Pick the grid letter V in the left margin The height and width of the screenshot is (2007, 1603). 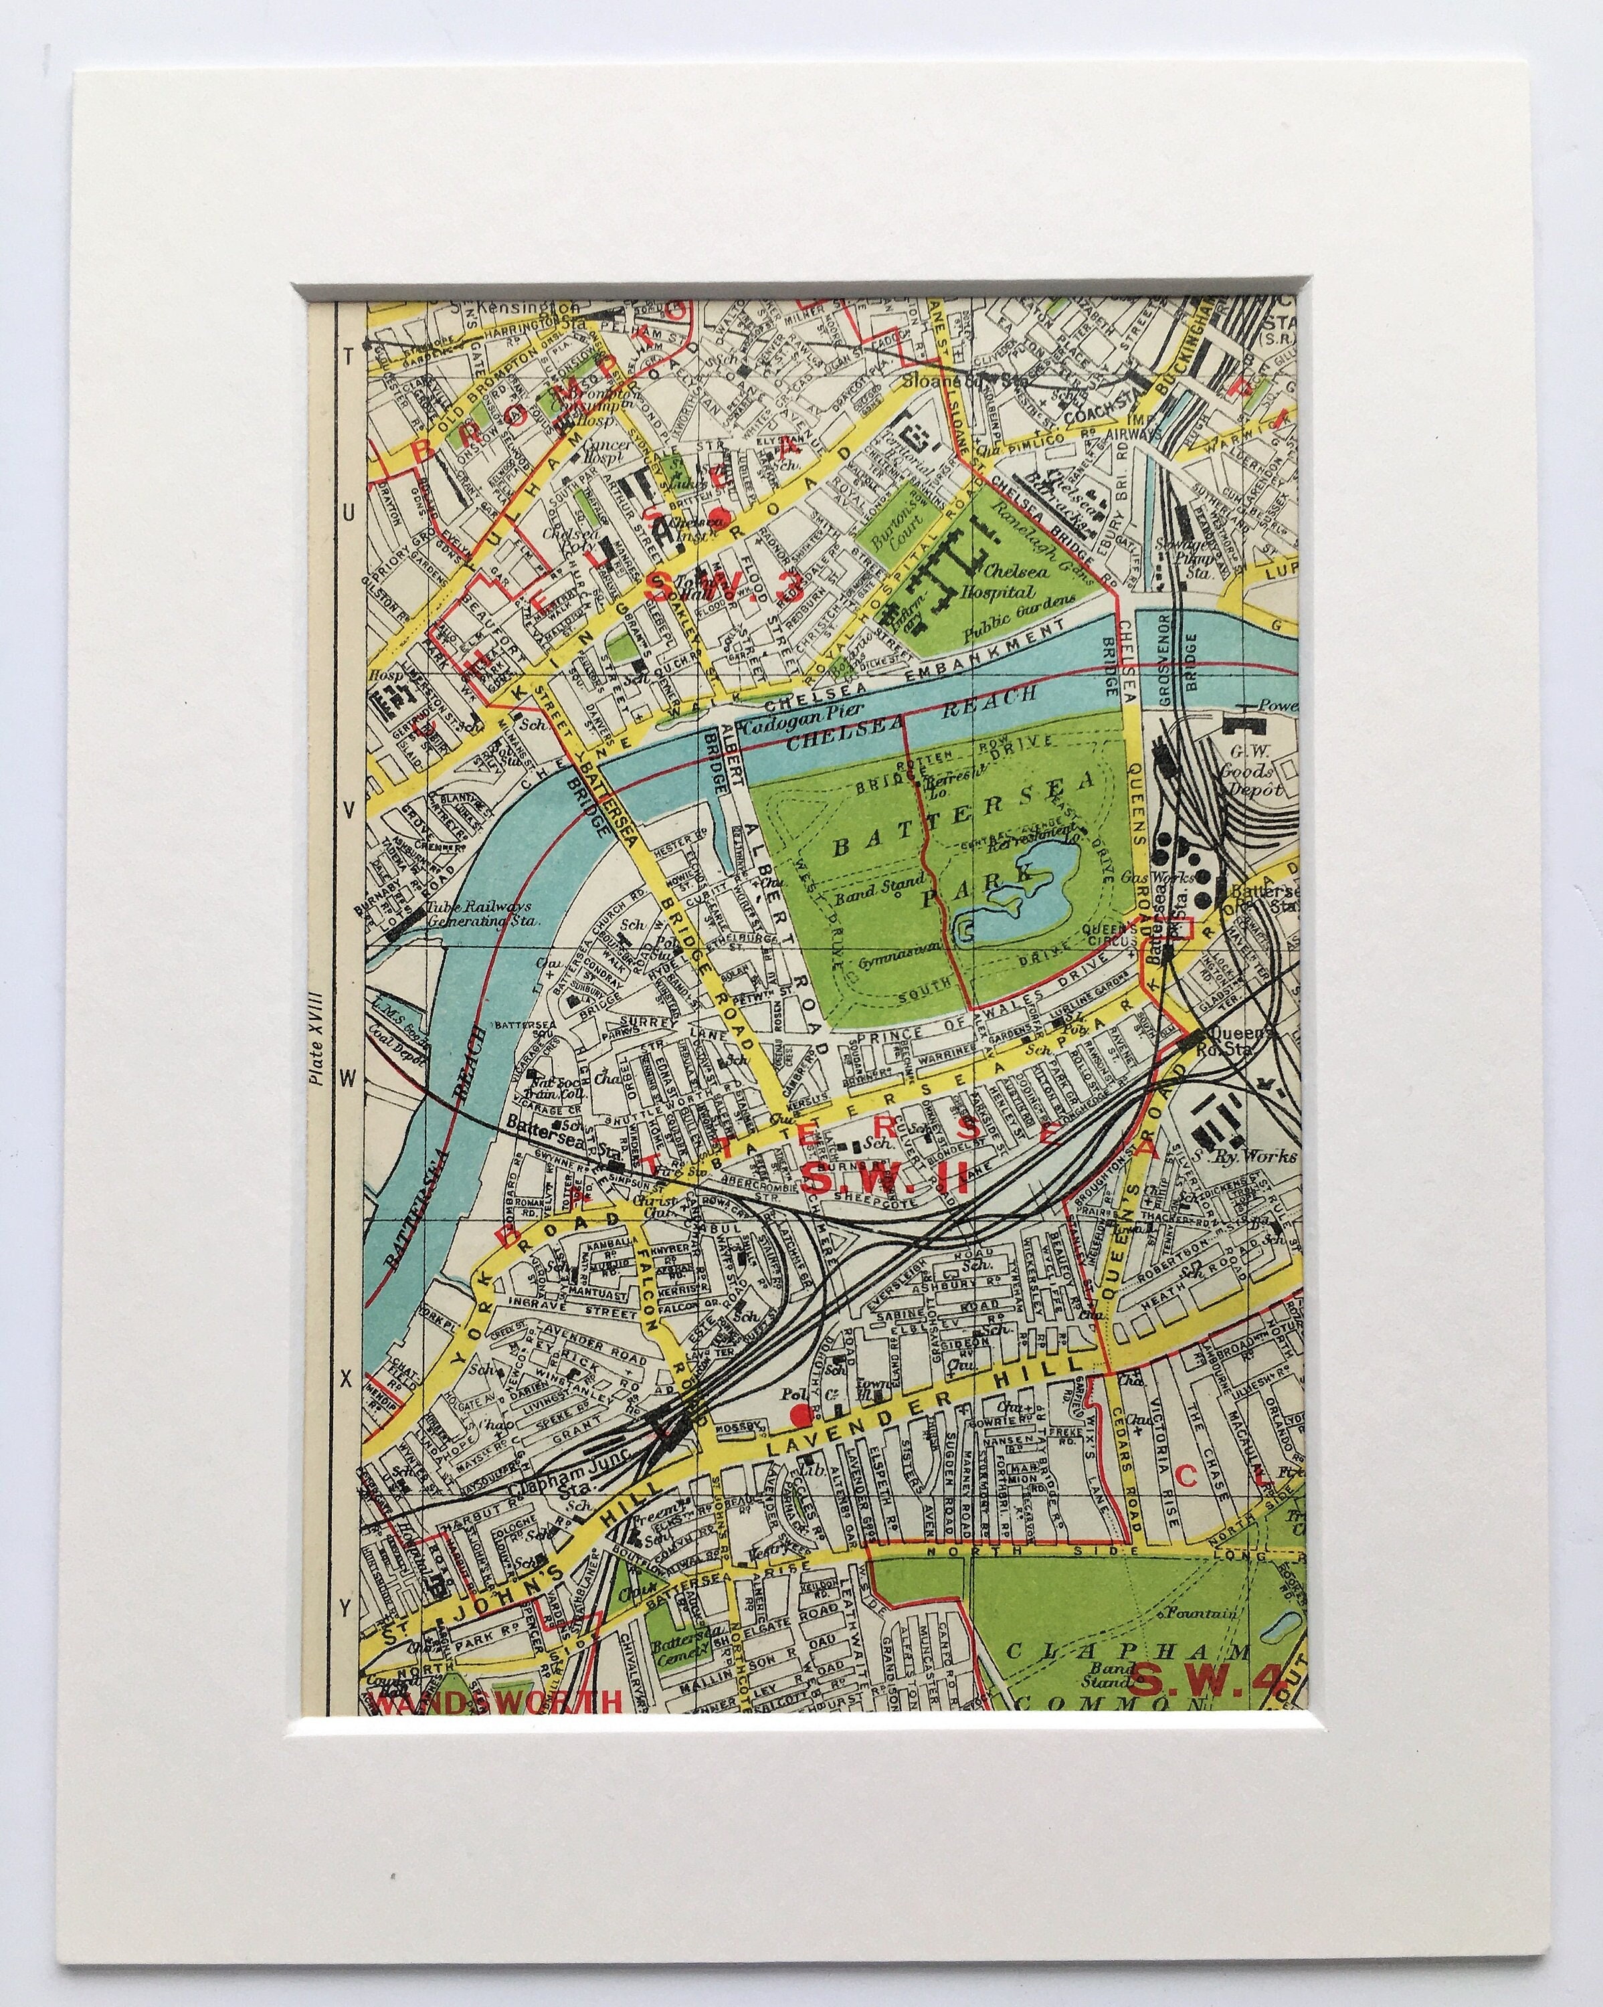347,811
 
